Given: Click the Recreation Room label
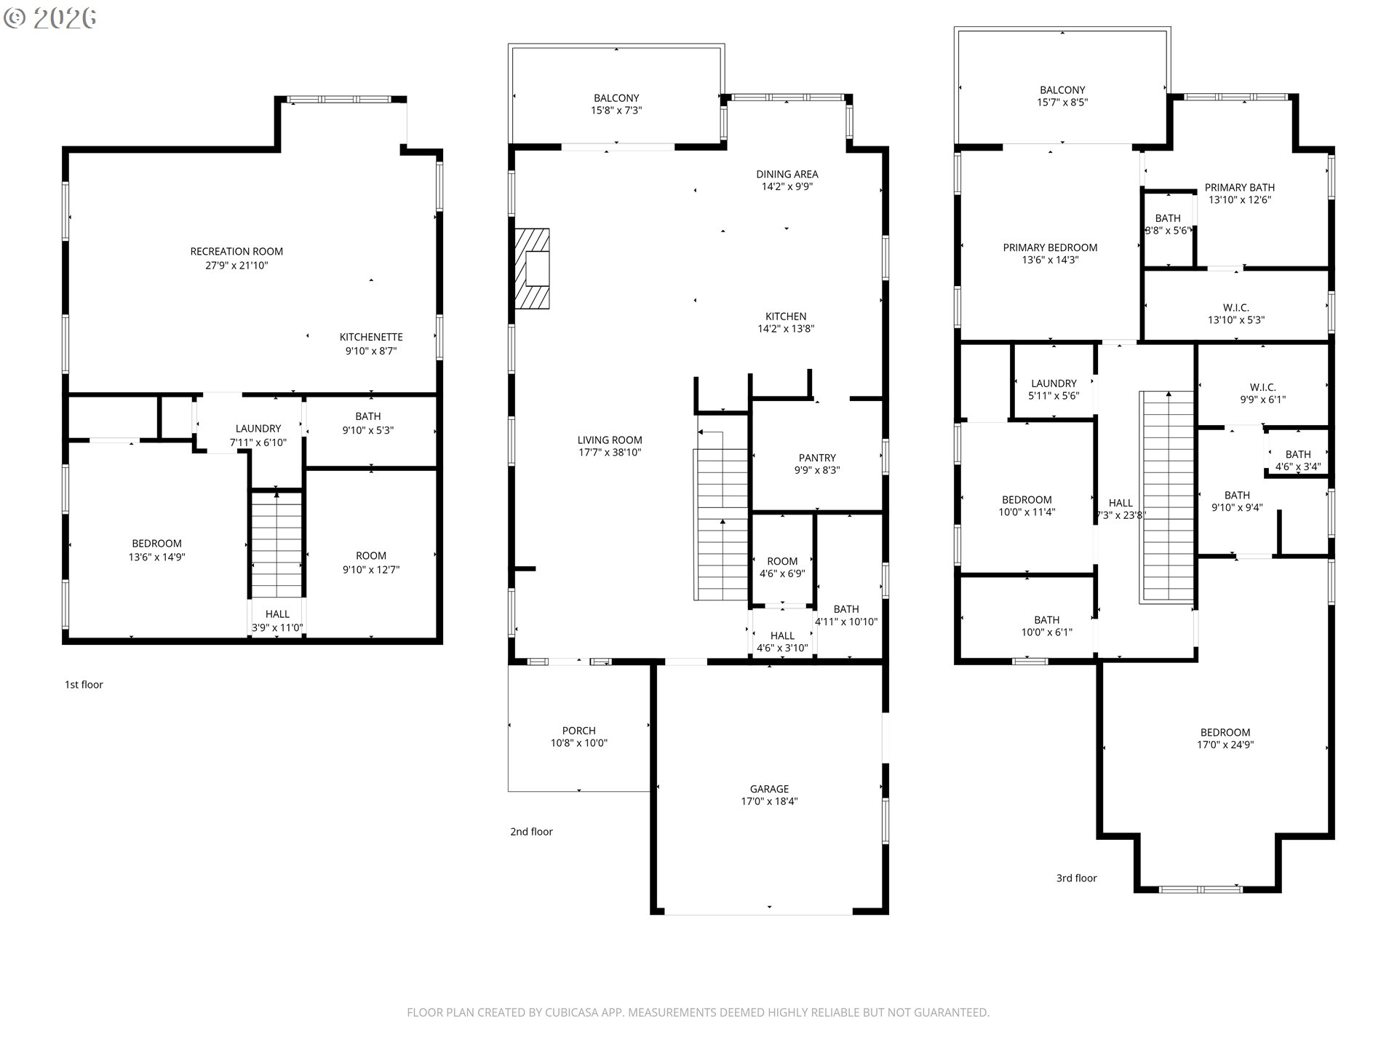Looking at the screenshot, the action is coord(236,252).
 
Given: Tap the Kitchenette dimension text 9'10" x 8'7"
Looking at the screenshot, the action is coord(371,351).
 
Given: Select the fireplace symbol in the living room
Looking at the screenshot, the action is coord(532,269).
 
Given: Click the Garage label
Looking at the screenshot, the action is coord(769,789).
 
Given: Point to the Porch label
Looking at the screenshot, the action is coord(578,731).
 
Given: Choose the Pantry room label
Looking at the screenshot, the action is coord(817,458).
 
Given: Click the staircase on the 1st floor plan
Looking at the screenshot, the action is coord(276,544).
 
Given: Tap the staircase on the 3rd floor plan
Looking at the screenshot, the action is coord(1167,497).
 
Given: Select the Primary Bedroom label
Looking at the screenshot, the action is coord(1050,247).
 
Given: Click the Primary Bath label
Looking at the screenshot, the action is coord(1240,187).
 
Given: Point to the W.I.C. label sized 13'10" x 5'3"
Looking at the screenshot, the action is coord(1236,308).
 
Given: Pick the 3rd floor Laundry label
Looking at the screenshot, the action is coord(1054,384).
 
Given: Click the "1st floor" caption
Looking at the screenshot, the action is coord(84,684).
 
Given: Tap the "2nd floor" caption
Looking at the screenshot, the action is coord(531,831).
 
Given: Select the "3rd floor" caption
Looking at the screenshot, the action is coord(1076,878).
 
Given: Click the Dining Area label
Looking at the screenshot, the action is coord(787,174).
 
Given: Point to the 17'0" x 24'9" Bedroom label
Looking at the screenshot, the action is coord(1225,732).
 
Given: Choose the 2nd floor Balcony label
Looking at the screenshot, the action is coord(616,98).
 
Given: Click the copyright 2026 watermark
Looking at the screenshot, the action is coord(49,17).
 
